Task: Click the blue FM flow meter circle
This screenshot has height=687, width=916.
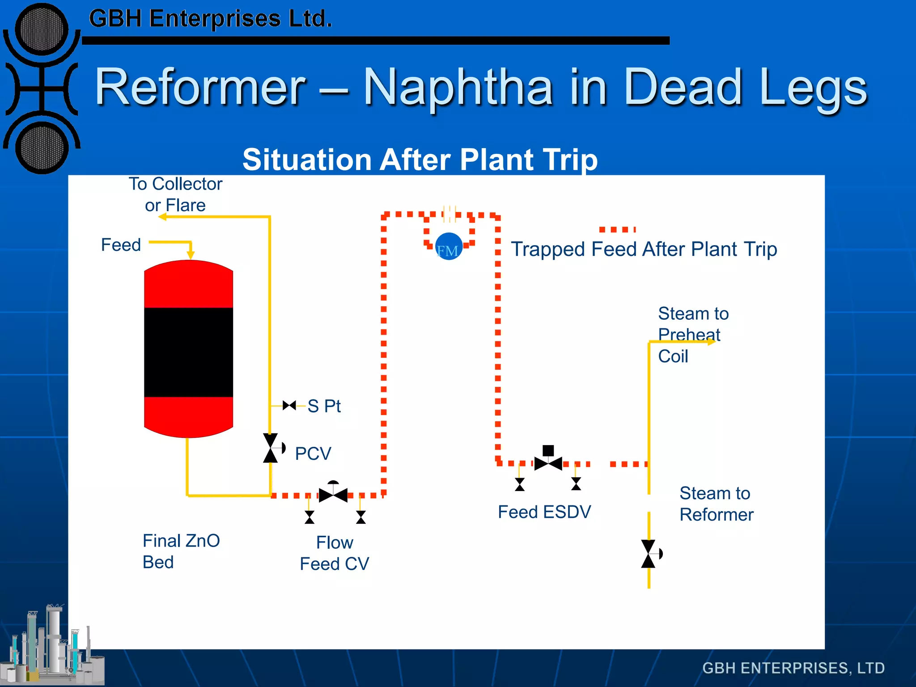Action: click(448, 246)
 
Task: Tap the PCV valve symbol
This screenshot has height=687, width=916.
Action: click(271, 448)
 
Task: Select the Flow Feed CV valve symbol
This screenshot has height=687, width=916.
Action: click(333, 495)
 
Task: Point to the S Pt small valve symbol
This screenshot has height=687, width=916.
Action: click(289, 405)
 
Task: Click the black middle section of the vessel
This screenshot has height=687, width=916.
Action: click(188, 352)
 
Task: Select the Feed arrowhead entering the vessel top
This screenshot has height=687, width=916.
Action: click(191, 255)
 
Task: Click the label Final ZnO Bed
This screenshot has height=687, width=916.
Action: click(181, 551)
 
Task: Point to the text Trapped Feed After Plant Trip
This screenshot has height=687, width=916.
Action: click(644, 249)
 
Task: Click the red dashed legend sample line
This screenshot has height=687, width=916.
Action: click(617, 229)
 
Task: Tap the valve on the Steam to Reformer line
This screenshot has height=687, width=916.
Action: click(649, 554)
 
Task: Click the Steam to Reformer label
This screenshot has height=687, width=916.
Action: click(716, 504)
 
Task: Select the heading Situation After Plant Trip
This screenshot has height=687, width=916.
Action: click(420, 160)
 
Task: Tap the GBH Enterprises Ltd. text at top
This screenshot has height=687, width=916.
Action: click(210, 19)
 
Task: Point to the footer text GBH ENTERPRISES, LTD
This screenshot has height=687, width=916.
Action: click(793, 668)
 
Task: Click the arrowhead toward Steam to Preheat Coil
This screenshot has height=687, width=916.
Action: click(711, 342)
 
